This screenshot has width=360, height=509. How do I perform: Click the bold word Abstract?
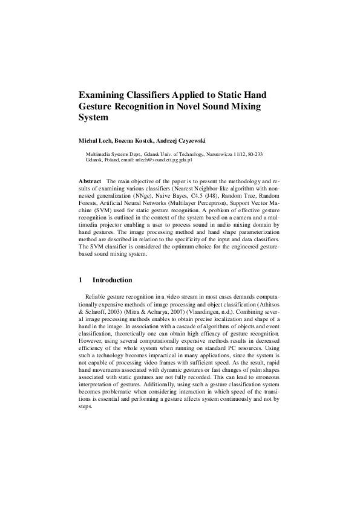pyautogui.click(x=90, y=181)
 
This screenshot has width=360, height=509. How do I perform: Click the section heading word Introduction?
pyautogui.click(x=112, y=280)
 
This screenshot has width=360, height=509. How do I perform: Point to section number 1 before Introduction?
pyautogui.click(x=81, y=280)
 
